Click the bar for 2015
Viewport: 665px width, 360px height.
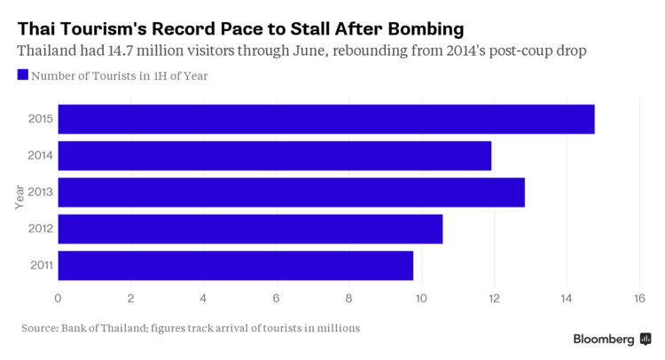click(325, 119)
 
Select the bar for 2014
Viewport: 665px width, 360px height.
click(274, 156)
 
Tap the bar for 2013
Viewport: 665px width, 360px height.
click(291, 192)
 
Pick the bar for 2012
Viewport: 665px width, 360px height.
click(250, 229)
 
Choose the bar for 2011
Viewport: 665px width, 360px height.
click(235, 265)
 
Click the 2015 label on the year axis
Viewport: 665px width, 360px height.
click(40, 119)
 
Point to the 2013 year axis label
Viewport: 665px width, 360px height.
click(40, 192)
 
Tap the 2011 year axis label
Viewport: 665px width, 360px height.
click(40, 265)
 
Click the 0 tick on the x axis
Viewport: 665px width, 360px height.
click(58, 297)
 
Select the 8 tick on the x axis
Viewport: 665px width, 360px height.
click(348, 297)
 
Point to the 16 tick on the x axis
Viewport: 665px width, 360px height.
click(638, 297)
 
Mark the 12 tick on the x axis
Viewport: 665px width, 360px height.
click(493, 297)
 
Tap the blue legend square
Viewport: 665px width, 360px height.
click(23, 75)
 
